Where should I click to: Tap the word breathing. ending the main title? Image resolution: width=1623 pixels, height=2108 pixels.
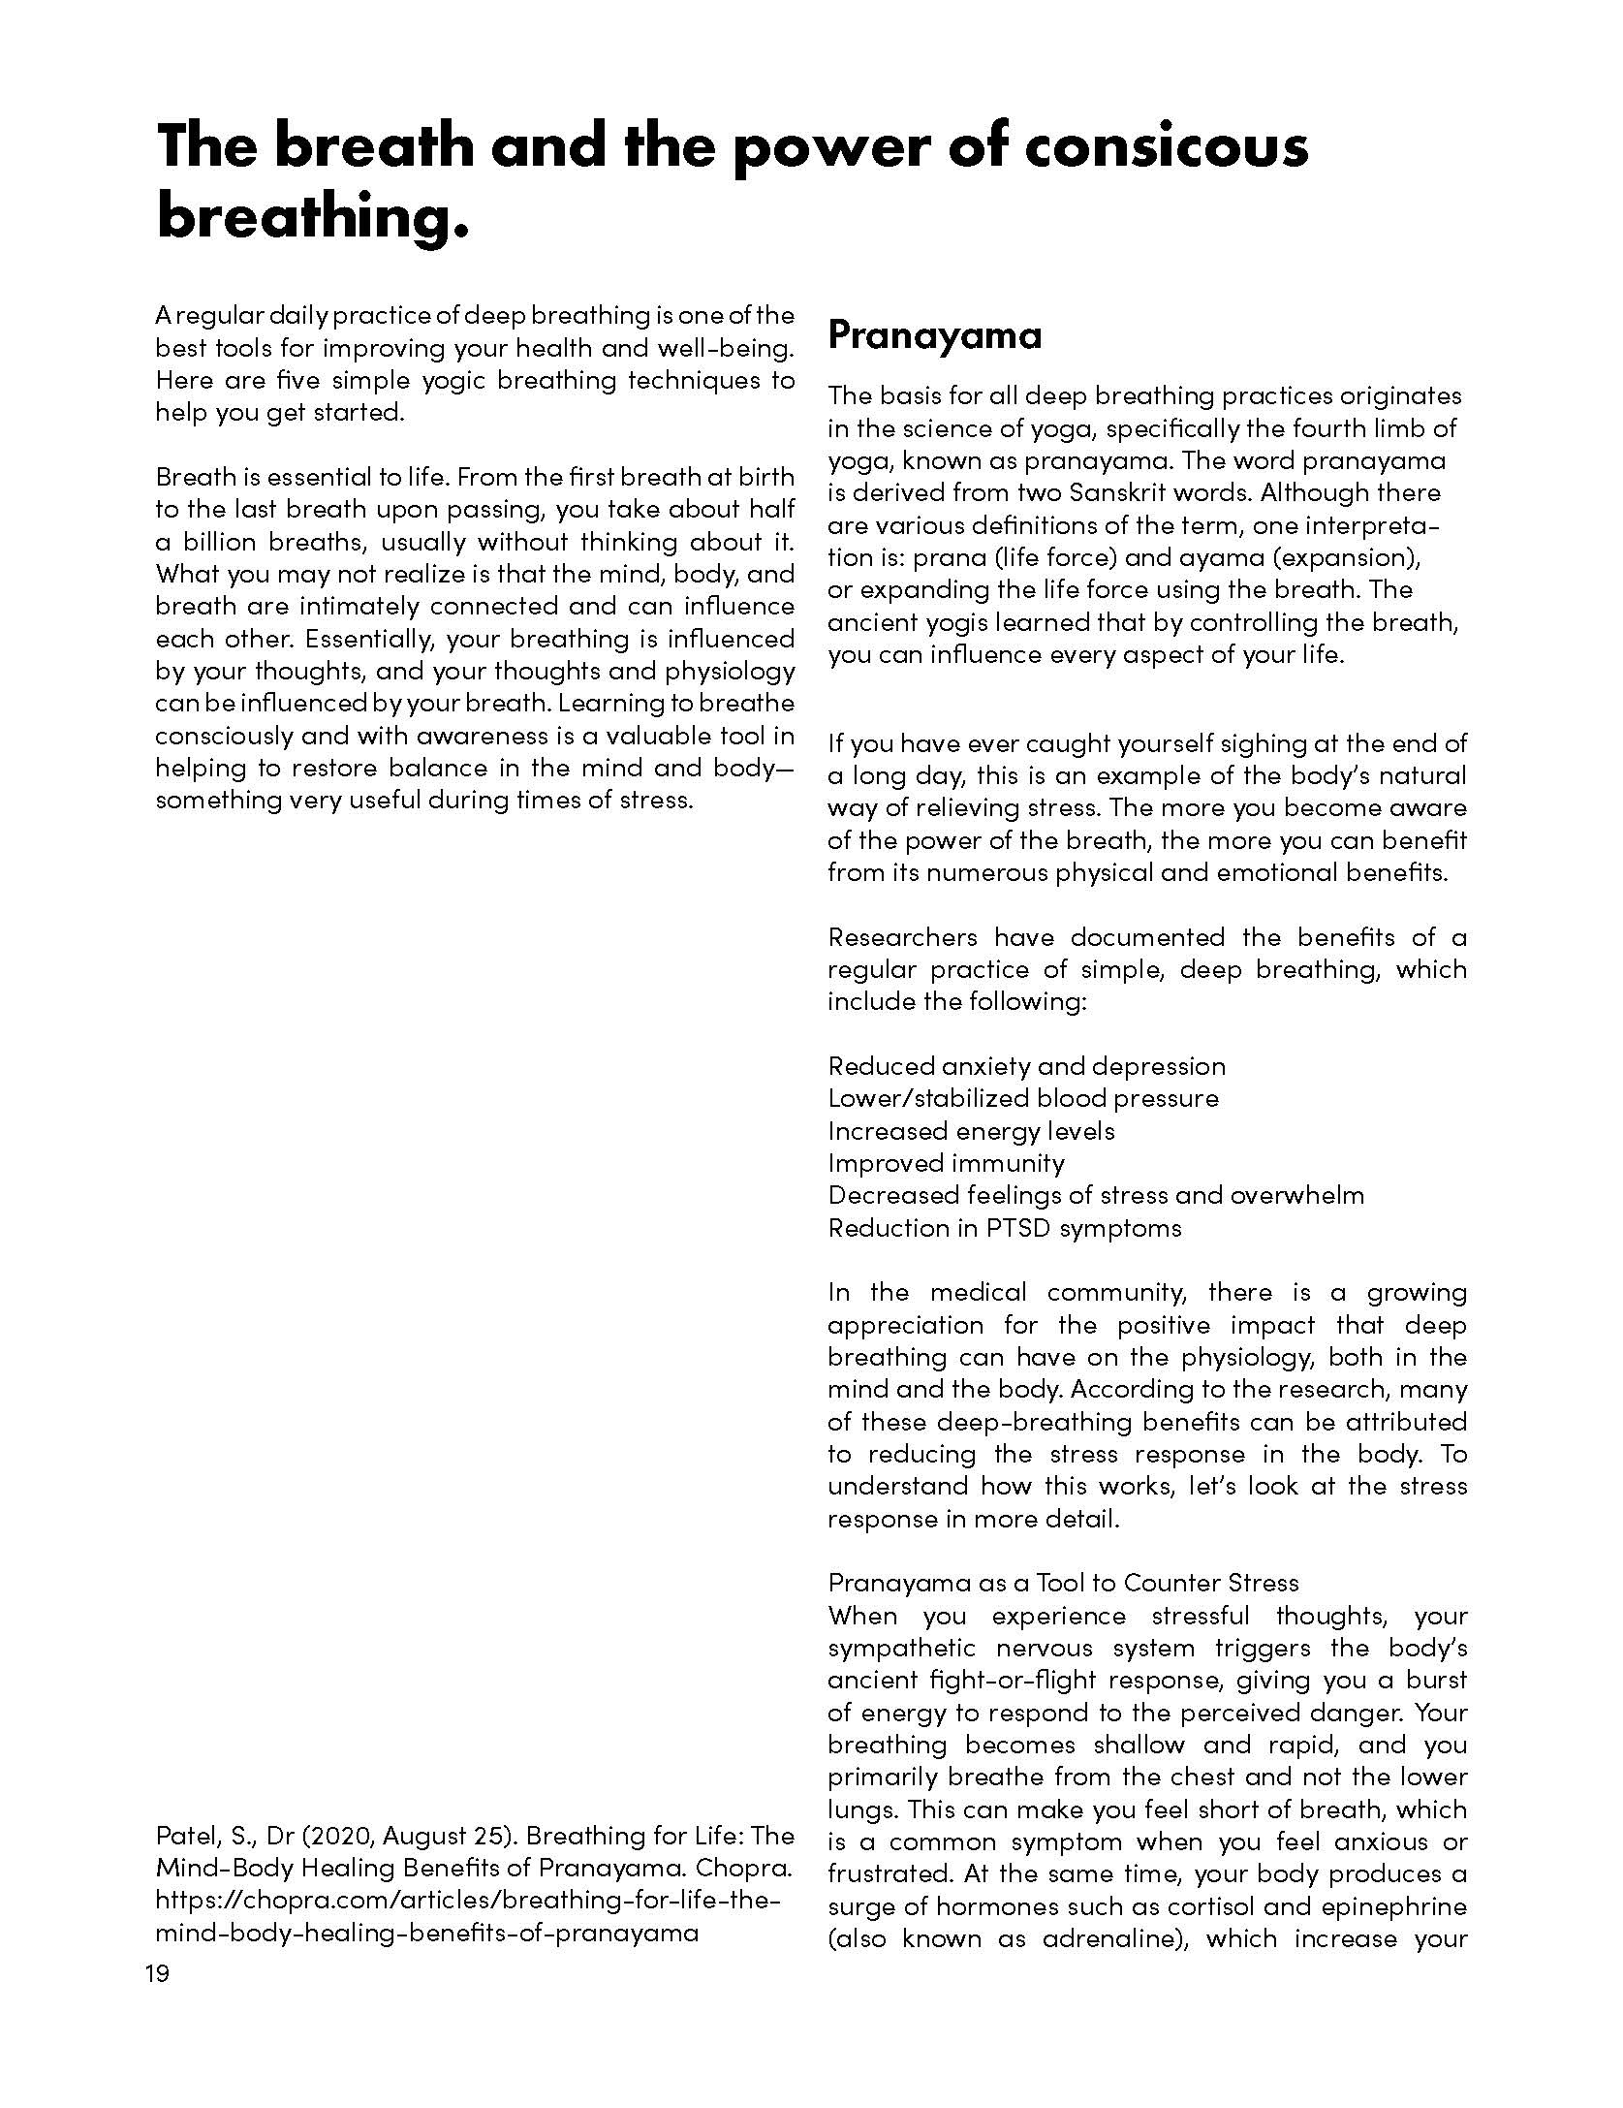click(312, 216)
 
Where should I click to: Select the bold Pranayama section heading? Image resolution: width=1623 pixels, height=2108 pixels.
click(934, 335)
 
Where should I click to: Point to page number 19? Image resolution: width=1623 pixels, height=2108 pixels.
click(157, 1973)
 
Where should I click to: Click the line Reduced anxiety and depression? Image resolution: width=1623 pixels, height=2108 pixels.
click(1026, 1066)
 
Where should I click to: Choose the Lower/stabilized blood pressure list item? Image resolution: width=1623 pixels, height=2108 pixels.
click(1022, 1098)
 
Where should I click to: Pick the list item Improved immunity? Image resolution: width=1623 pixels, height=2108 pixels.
click(946, 1163)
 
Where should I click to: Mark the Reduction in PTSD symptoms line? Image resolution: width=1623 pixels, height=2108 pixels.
click(1004, 1228)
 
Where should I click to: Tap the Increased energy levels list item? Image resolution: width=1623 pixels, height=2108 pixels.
click(971, 1131)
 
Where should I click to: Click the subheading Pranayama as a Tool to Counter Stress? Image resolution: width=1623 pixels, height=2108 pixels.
click(1062, 1583)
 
